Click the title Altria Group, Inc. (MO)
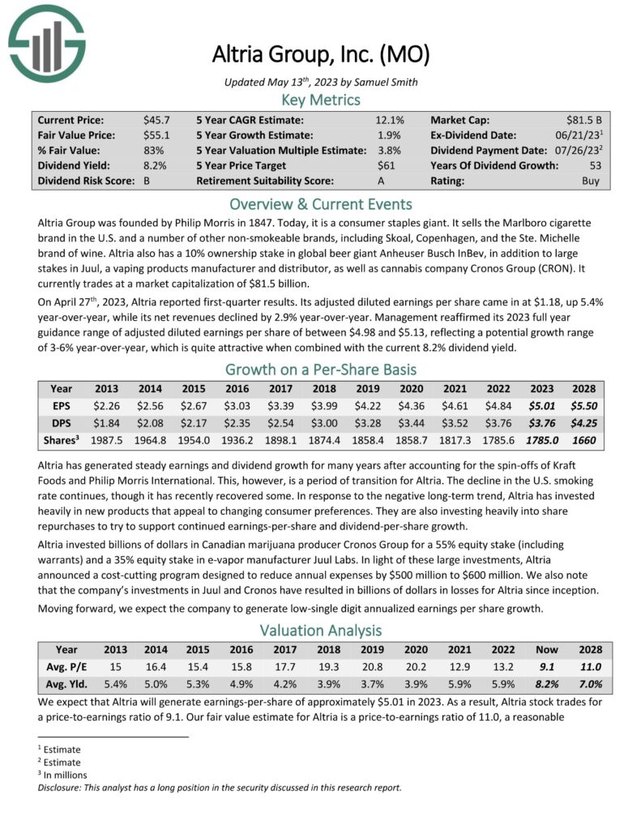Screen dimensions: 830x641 click(320, 55)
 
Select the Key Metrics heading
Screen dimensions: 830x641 click(320, 100)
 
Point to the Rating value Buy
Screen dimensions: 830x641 click(591, 181)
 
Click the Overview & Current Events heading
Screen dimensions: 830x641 click(320, 203)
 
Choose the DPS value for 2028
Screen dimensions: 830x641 click(582, 423)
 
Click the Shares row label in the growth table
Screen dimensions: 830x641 click(62, 440)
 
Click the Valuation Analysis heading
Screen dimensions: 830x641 click(320, 630)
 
